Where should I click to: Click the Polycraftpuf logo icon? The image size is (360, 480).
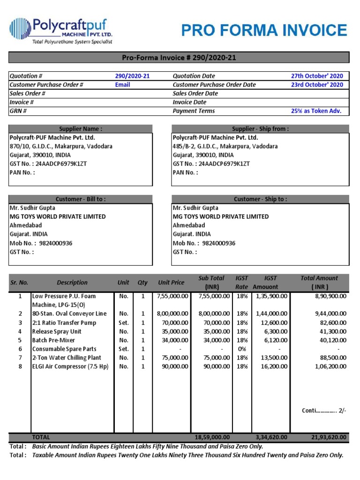click(x=19, y=29)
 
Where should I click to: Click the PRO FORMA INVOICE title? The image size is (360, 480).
click(x=264, y=30)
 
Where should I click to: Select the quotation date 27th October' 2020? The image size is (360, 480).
click(x=317, y=76)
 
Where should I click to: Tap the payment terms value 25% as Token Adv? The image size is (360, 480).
click(x=316, y=111)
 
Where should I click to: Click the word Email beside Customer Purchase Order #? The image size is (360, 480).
click(x=123, y=85)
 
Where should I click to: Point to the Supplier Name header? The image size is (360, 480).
click(x=81, y=129)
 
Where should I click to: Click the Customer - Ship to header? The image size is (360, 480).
click(x=260, y=199)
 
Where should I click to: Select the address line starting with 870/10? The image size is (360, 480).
click(x=61, y=146)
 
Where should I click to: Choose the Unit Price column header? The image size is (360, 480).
click(x=171, y=283)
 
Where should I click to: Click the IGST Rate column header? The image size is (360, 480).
click(x=241, y=283)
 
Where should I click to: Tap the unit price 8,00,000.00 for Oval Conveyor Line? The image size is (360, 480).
click(x=172, y=314)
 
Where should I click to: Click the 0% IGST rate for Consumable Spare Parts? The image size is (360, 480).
click(x=241, y=349)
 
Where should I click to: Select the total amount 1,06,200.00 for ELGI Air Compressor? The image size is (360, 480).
click(x=328, y=367)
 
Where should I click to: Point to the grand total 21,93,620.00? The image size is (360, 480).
click(x=329, y=437)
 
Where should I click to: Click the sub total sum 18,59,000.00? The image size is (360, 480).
click(x=212, y=437)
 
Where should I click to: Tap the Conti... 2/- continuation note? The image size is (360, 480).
click(x=323, y=411)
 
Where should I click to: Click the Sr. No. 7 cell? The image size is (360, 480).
click(x=20, y=358)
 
